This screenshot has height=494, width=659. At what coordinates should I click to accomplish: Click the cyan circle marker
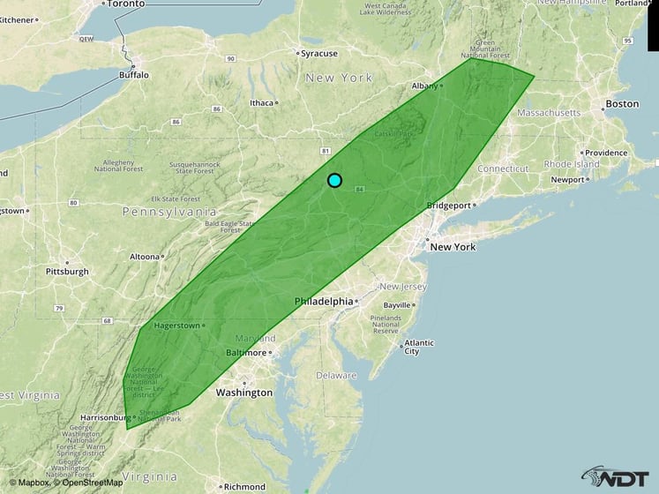click(x=334, y=180)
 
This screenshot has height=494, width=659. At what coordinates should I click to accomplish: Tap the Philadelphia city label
click(x=324, y=302)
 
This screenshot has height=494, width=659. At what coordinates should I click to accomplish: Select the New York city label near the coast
click(x=453, y=247)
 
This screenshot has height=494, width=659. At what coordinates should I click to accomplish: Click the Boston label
click(x=622, y=104)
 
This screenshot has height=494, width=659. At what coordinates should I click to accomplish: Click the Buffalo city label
click(x=134, y=75)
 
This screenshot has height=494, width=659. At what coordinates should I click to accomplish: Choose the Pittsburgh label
click(x=67, y=272)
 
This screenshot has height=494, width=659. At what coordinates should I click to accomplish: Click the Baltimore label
click(x=244, y=353)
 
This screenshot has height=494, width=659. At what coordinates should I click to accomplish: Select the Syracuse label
click(x=318, y=53)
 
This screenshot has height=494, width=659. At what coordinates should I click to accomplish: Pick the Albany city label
click(x=424, y=86)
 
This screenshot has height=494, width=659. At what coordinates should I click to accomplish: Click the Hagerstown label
click(x=176, y=326)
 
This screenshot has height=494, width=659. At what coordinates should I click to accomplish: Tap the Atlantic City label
click(x=411, y=347)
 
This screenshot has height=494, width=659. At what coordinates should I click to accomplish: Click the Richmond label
click(x=244, y=486)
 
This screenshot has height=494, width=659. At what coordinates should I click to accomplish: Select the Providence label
click(x=605, y=153)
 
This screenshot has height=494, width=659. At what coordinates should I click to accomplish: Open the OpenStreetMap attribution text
click(x=89, y=483)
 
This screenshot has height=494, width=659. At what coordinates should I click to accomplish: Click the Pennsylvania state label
click(x=168, y=213)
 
